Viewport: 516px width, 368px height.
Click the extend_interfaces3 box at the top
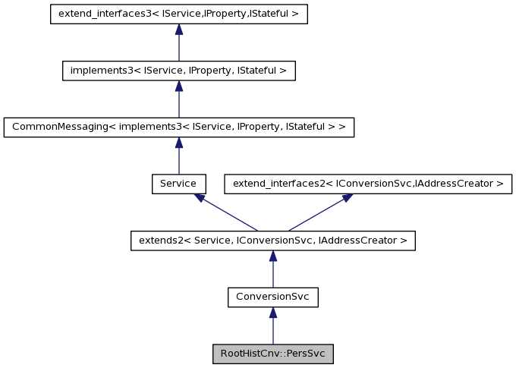point(178,14)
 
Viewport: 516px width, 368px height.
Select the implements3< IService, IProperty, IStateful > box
point(178,71)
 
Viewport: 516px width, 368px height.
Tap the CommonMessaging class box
point(178,127)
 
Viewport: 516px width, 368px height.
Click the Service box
point(178,184)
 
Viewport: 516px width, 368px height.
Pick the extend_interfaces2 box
point(368,184)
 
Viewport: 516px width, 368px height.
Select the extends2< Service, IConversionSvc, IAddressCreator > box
point(273,241)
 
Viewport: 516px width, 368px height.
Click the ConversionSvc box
point(273,297)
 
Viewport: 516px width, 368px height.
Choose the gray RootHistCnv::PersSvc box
point(273,354)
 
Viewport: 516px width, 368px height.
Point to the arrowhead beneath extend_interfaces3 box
point(178,30)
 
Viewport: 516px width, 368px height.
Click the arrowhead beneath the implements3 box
point(178,86)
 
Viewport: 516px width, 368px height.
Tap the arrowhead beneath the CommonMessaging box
point(178,143)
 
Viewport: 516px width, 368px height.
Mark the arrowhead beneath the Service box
point(199,197)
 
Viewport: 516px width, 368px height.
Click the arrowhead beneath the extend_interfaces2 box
point(347,197)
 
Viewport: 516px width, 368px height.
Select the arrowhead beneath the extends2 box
point(273,256)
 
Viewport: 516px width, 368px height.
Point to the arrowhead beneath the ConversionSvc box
point(273,312)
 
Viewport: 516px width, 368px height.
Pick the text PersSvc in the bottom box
point(307,354)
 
